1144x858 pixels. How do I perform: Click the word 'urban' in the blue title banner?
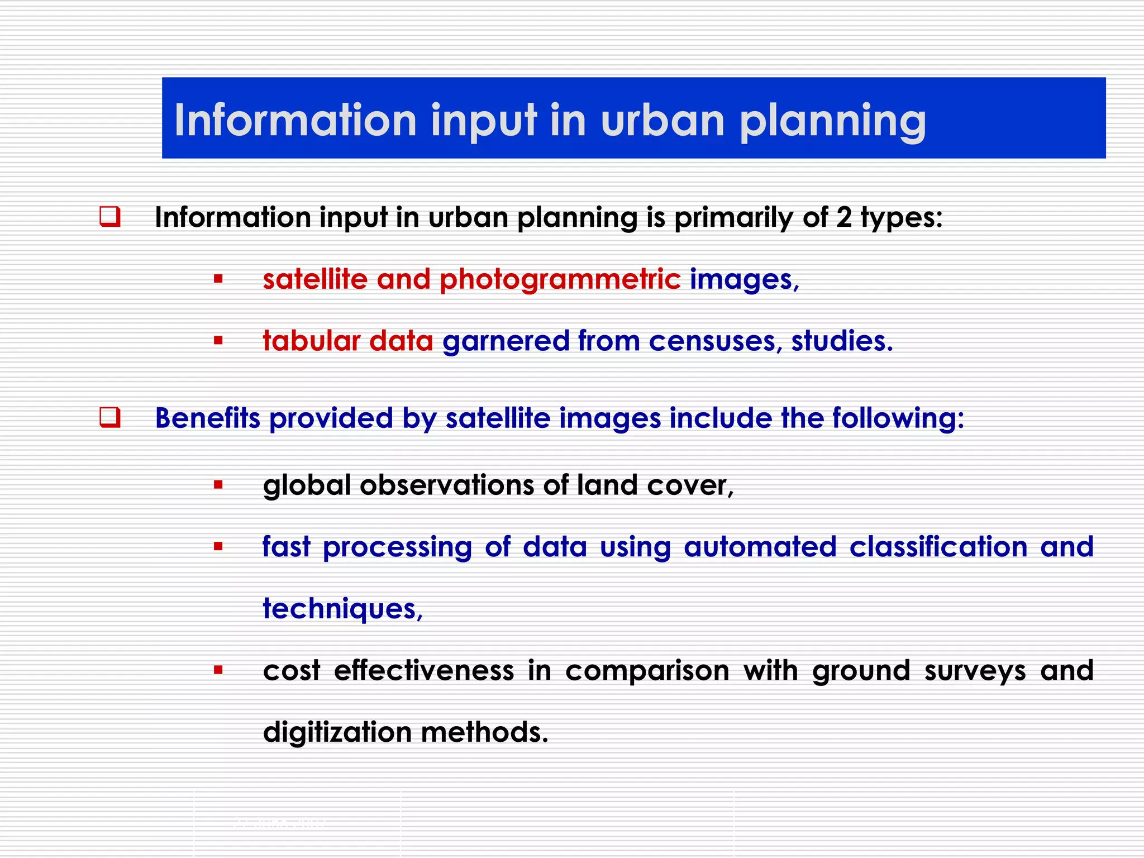pyautogui.click(x=662, y=120)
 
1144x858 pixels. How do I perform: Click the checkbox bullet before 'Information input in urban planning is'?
pyautogui.click(x=110, y=217)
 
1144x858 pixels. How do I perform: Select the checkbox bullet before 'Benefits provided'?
pyautogui.click(x=110, y=417)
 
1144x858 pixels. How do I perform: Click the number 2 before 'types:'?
pyautogui.click(x=843, y=217)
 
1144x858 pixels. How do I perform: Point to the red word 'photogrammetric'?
pyautogui.click(x=560, y=279)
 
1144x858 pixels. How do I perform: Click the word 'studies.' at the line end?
pyautogui.click(x=842, y=341)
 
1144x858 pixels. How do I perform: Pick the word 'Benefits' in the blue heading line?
pyautogui.click(x=208, y=418)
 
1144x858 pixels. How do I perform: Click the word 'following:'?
pyautogui.click(x=898, y=418)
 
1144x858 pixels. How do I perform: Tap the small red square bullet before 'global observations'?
pyautogui.click(x=218, y=485)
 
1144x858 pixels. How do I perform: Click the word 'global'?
pyautogui.click(x=307, y=485)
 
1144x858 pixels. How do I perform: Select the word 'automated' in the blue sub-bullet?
pyautogui.click(x=760, y=547)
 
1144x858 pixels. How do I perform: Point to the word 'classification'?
pyautogui.click(x=938, y=547)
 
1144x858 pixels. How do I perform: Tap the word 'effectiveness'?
pyautogui.click(x=424, y=670)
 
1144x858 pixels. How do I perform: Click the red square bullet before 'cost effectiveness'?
pyautogui.click(x=218, y=670)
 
